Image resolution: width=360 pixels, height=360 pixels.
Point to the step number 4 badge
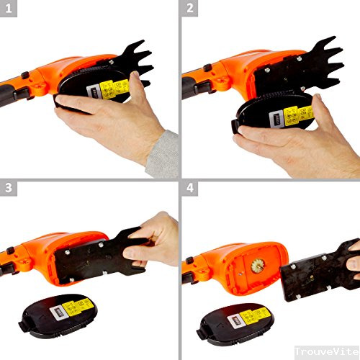(x=190, y=189)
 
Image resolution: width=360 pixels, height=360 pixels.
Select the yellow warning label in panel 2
(x=295, y=114)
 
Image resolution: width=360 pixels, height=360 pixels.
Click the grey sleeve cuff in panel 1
(x=163, y=154)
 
